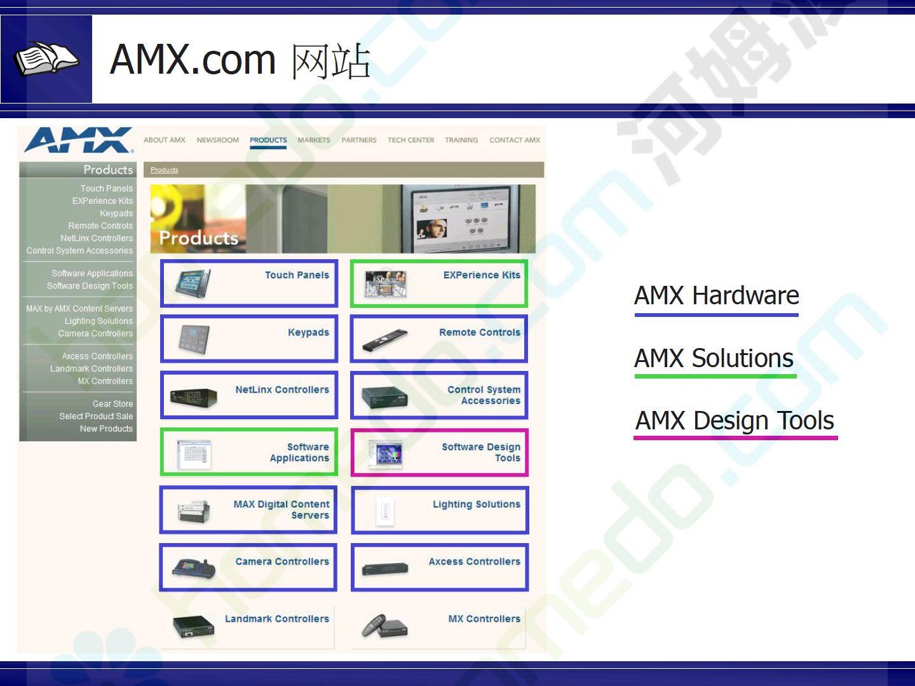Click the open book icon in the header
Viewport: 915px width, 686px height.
click(x=46, y=58)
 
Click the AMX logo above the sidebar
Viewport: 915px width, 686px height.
click(x=79, y=140)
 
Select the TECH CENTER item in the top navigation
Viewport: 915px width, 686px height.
click(x=410, y=140)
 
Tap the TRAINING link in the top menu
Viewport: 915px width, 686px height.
click(x=461, y=140)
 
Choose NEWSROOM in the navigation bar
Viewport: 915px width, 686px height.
click(x=217, y=140)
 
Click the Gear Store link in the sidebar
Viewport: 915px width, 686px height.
click(x=112, y=403)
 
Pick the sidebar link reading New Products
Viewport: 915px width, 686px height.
click(x=106, y=429)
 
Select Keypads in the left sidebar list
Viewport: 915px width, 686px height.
click(x=116, y=213)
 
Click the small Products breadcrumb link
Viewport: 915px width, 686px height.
click(x=164, y=170)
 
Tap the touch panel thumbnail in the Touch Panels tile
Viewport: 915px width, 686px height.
click(x=193, y=284)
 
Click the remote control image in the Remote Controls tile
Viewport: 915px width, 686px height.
click(x=385, y=340)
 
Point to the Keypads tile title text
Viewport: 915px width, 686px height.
click(x=308, y=332)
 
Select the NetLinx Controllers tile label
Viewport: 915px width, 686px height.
click(x=282, y=389)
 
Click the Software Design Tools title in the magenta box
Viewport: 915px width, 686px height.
click(x=481, y=452)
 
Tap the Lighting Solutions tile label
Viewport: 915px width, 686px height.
click(x=477, y=504)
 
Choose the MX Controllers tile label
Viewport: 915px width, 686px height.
click(x=484, y=619)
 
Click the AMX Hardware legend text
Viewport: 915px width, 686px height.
click(x=717, y=295)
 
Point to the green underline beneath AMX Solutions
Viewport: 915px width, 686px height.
click(x=715, y=376)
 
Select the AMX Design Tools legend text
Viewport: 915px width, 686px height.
click(x=735, y=420)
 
